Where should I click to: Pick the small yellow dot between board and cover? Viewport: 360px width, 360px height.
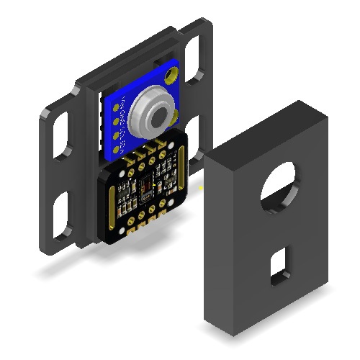click(201, 188)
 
